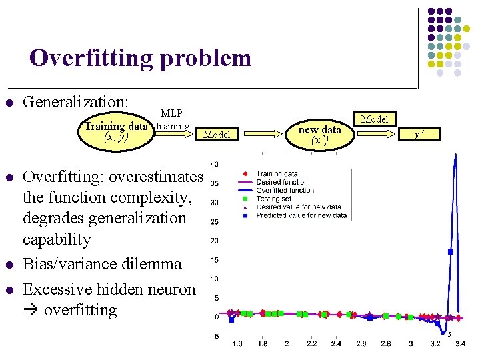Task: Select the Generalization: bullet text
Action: [x=75, y=102]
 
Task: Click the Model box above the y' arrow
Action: [x=375, y=119]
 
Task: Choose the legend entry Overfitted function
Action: [x=285, y=190]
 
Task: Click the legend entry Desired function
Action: [x=282, y=182]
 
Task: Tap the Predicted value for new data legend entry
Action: [x=301, y=215]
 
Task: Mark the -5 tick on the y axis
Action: [x=215, y=337]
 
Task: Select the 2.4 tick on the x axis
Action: [x=335, y=344]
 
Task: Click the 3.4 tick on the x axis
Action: [x=460, y=344]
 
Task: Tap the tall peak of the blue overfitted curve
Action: [x=455, y=156]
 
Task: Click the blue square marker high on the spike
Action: [x=451, y=251]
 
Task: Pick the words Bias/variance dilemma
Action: [x=102, y=264]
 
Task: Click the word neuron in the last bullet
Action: [x=172, y=289]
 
